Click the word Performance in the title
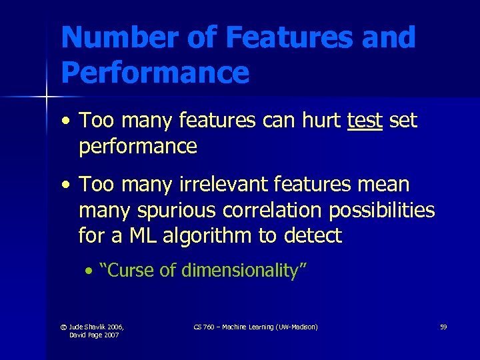[x=155, y=71]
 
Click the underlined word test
[x=365, y=121]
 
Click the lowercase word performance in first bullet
[x=138, y=147]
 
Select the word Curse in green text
[x=127, y=271]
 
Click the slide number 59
[x=443, y=327]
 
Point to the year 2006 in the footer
[x=113, y=327]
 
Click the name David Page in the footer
[x=87, y=335]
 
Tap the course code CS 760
[x=204, y=327]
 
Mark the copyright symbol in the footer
[x=63, y=327]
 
